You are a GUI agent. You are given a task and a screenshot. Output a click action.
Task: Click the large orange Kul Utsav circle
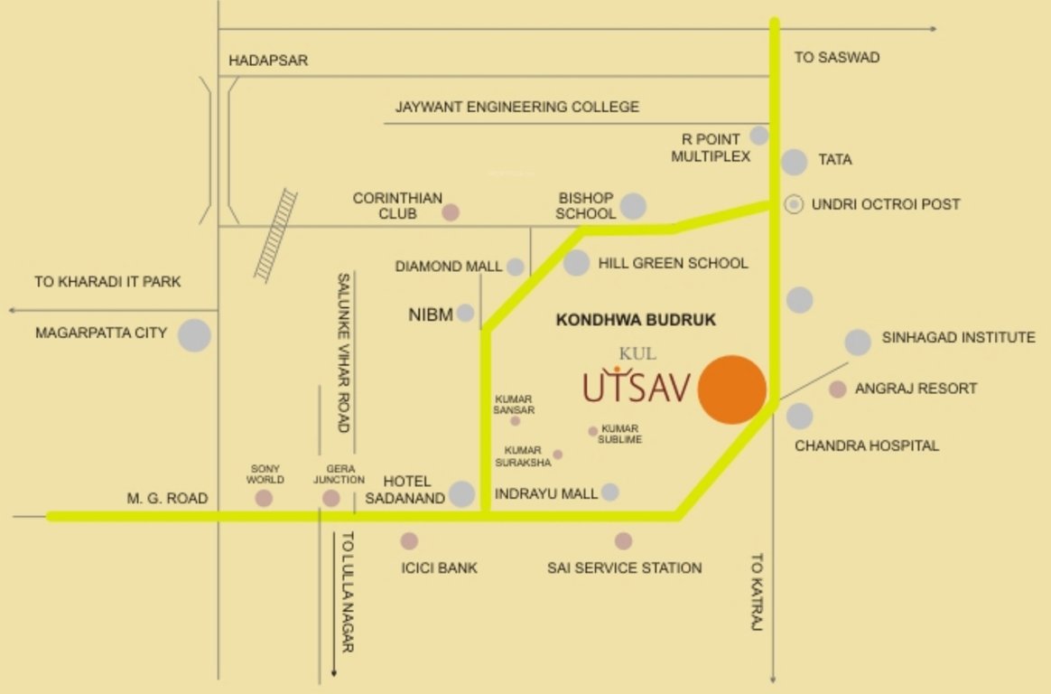click(x=733, y=389)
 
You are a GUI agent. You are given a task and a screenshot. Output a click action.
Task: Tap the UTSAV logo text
click(x=637, y=386)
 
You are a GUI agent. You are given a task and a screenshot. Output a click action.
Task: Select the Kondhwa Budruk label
click(x=636, y=320)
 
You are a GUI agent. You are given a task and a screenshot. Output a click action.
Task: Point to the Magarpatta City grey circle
click(x=194, y=335)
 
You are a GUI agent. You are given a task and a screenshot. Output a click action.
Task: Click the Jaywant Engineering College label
click(x=516, y=107)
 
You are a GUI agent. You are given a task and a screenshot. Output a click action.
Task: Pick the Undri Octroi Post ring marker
click(x=794, y=204)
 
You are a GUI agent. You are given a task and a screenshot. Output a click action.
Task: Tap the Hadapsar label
click(x=268, y=61)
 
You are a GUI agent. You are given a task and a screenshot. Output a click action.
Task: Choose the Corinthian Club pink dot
click(x=451, y=213)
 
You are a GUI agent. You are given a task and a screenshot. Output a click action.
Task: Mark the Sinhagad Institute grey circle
click(x=858, y=342)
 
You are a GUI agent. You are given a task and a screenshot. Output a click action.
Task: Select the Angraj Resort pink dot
click(x=838, y=389)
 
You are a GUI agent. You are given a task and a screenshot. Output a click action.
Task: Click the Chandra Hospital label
click(x=867, y=445)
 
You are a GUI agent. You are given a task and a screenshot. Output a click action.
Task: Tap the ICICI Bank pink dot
click(x=409, y=541)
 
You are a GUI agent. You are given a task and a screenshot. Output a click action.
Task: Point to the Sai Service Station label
click(x=624, y=568)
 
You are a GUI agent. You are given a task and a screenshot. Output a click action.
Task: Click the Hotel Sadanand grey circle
click(x=462, y=493)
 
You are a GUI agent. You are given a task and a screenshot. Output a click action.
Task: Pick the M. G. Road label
click(x=168, y=499)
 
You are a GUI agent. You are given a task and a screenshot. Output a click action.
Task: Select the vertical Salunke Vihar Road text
click(x=343, y=352)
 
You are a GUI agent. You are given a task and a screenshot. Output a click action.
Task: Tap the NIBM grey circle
click(x=465, y=313)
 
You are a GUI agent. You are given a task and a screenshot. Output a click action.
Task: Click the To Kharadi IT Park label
click(x=107, y=282)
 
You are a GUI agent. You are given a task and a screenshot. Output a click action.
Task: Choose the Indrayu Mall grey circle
click(x=610, y=492)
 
